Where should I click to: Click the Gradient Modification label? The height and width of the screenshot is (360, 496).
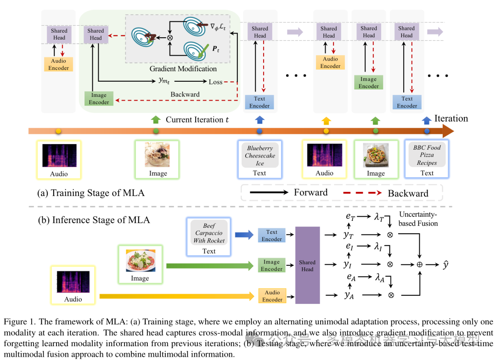pos(183,69)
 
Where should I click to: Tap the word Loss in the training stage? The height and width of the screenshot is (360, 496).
pos(215,82)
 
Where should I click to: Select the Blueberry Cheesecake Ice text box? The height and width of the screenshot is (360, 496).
pos(260,156)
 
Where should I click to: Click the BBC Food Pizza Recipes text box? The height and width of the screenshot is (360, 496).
pos(427,155)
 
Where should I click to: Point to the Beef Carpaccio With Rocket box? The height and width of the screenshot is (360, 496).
pos(209,233)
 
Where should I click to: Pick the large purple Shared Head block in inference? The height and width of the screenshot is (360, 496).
pos(307,265)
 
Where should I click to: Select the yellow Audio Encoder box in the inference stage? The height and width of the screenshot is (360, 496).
pos(272,296)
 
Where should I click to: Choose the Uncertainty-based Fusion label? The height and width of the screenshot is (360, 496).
pos(418,219)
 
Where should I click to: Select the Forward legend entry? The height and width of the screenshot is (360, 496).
pos(310,192)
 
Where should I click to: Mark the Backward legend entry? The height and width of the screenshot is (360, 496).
pos(408,193)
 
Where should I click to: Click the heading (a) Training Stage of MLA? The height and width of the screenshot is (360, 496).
pos(91,193)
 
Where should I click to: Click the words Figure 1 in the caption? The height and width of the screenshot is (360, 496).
pos(18,322)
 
